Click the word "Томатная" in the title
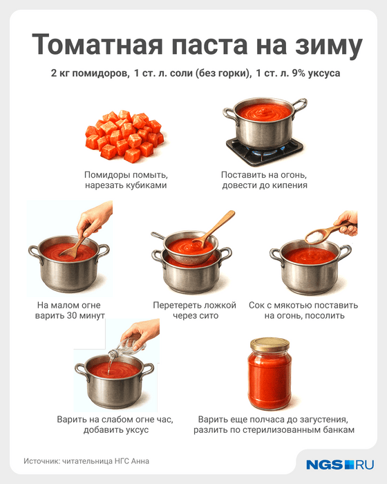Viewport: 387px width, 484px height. [97, 44]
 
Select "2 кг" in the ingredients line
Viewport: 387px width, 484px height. [60, 73]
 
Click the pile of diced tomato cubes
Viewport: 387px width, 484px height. [124, 136]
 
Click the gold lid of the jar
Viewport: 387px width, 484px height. [270, 344]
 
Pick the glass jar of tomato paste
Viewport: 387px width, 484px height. [270, 374]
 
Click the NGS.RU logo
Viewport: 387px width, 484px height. [340, 465]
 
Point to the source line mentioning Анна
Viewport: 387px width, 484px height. [86, 461]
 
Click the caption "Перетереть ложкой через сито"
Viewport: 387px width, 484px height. [195, 310]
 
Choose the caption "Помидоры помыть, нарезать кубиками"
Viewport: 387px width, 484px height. [126, 180]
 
